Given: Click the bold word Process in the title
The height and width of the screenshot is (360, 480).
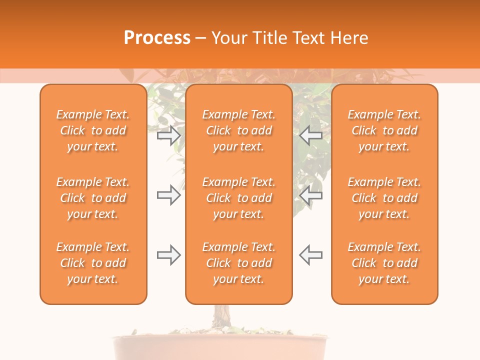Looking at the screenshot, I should (157, 38).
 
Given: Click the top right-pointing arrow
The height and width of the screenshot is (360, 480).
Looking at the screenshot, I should (168, 135).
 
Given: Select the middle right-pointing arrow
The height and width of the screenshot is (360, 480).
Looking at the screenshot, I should (168, 195).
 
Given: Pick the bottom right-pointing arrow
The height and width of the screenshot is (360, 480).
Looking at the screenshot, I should (168, 255).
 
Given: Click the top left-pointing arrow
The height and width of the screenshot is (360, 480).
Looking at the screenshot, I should (311, 135).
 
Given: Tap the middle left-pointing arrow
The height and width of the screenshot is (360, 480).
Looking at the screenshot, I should (311, 195).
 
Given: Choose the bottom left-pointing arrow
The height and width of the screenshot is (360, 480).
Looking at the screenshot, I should (311, 255).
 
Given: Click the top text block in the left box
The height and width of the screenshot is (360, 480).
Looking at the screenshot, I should (93, 130).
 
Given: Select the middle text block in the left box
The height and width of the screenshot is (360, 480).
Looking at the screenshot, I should (93, 198).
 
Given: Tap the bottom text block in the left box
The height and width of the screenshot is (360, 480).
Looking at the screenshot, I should (93, 263).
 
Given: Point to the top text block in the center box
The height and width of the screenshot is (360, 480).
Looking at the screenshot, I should (239, 130).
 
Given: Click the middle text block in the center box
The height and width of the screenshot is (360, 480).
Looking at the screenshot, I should (239, 198).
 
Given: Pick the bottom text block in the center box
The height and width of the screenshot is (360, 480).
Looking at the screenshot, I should (239, 263).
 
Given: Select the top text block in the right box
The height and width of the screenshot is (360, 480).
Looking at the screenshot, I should (384, 130).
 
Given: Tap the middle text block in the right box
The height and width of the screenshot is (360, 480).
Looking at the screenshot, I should (384, 198).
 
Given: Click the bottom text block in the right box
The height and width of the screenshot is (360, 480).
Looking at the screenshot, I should (384, 263).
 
